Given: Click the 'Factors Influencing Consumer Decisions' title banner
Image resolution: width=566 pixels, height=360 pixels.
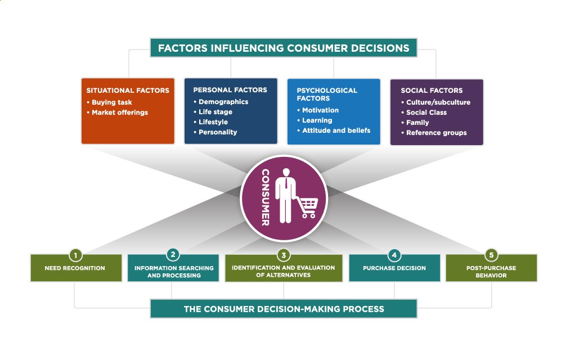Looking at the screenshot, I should pyautogui.click(x=284, y=48).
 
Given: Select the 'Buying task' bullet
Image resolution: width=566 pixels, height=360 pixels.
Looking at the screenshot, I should pyautogui.click(x=111, y=102).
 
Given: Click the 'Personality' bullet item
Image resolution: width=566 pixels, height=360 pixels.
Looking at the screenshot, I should pyautogui.click(x=217, y=132).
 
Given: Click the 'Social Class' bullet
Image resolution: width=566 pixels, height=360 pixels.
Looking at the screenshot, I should pyautogui.click(x=426, y=112).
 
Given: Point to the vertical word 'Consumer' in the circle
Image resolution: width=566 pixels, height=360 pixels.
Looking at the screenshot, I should pyautogui.click(x=266, y=197).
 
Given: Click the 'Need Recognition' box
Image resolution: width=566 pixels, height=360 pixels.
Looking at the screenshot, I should pyautogui.click(x=75, y=268).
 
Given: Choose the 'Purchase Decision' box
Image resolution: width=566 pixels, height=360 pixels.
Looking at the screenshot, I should pyautogui.click(x=394, y=268).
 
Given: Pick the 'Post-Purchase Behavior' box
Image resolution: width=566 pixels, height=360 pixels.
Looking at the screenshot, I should pyautogui.click(x=491, y=272).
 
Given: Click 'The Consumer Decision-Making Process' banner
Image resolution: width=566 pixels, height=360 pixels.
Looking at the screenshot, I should pyautogui.click(x=284, y=309).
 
